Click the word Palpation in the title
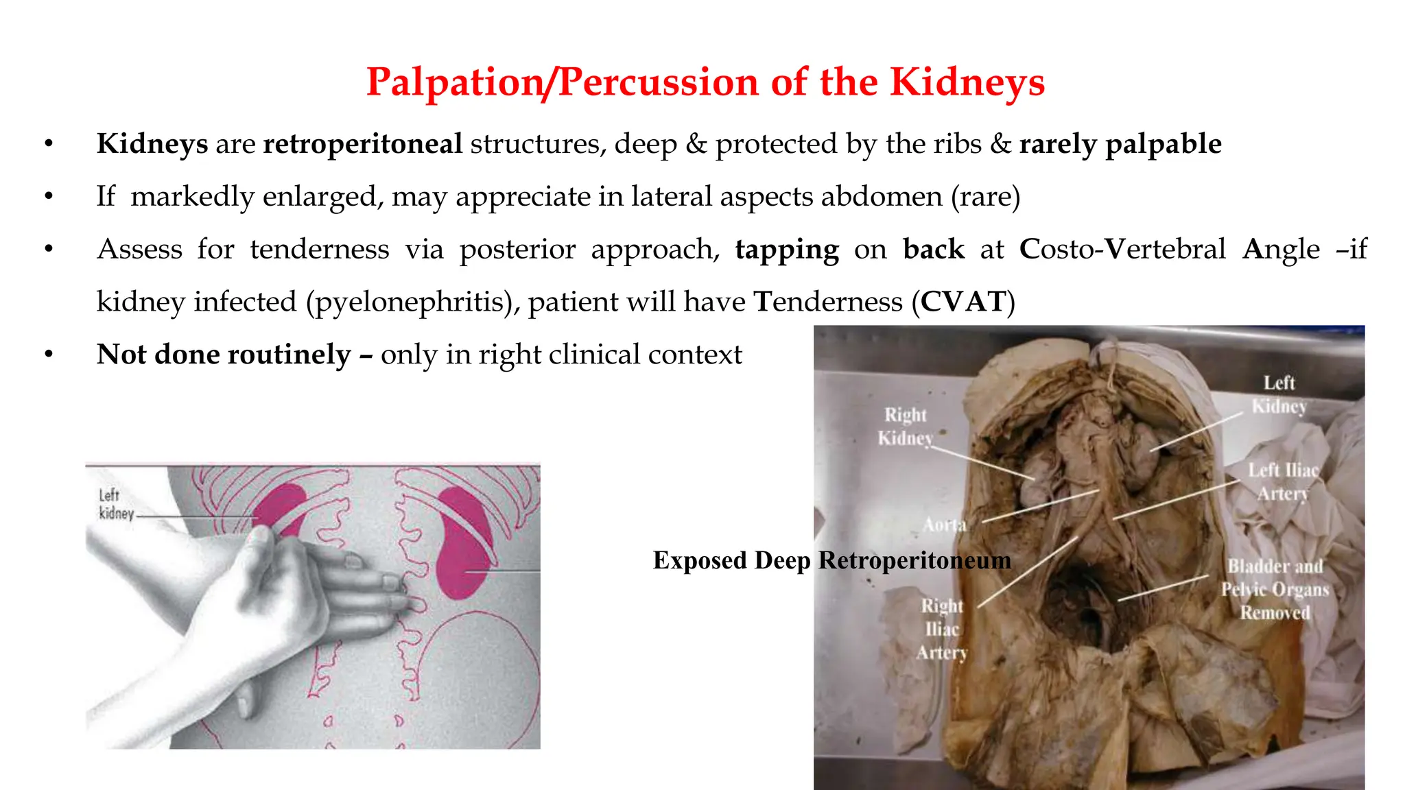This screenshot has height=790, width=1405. tap(454, 82)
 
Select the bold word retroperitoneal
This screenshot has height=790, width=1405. tap(362, 144)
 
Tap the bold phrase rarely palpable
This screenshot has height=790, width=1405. tap(1120, 144)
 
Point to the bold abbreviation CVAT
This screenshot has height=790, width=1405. tap(963, 302)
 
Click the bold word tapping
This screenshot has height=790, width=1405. tap(786, 250)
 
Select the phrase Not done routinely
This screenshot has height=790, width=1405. tap(224, 355)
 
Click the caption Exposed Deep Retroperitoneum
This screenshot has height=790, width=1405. tap(831, 560)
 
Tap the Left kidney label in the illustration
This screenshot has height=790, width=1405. tap(110, 504)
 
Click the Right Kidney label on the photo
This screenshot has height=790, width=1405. tap(906, 427)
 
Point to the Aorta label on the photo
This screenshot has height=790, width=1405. tap(945, 525)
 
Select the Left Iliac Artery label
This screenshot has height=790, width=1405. tap(1283, 481)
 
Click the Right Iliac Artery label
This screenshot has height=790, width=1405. tap(942, 629)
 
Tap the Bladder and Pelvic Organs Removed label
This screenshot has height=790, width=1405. tap(1275, 589)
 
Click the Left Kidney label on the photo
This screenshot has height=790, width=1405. tap(1279, 394)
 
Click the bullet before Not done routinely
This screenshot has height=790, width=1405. tap(49, 355)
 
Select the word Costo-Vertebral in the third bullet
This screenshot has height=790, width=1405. tap(1122, 250)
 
